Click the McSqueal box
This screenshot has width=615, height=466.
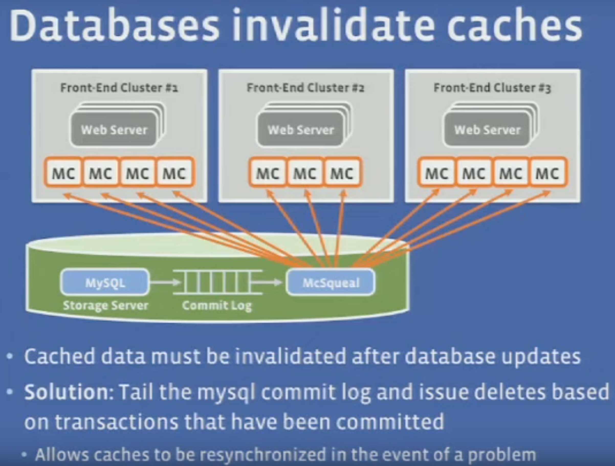pos(331,283)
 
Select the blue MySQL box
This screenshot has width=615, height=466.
pos(105,283)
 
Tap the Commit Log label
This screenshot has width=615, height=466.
pos(217,306)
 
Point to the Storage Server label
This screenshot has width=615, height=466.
pos(106,306)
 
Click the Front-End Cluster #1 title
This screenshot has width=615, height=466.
pos(119,88)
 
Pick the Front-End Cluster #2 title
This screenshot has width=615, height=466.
pos(305,88)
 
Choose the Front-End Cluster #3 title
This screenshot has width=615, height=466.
pos(492,88)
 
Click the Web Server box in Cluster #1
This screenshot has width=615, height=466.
pos(114,130)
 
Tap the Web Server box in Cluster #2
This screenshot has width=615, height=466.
pos(301,130)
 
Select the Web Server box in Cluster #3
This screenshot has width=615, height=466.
pos(487,130)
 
